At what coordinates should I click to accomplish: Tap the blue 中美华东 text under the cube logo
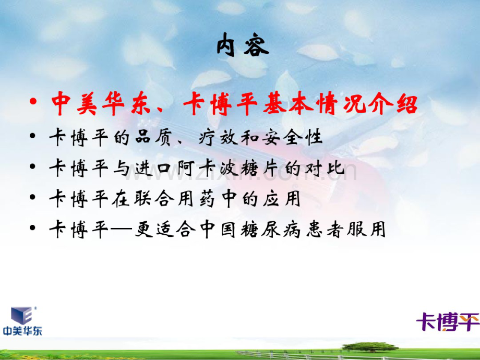[22, 331]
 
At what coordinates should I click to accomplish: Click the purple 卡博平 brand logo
[447, 321]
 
